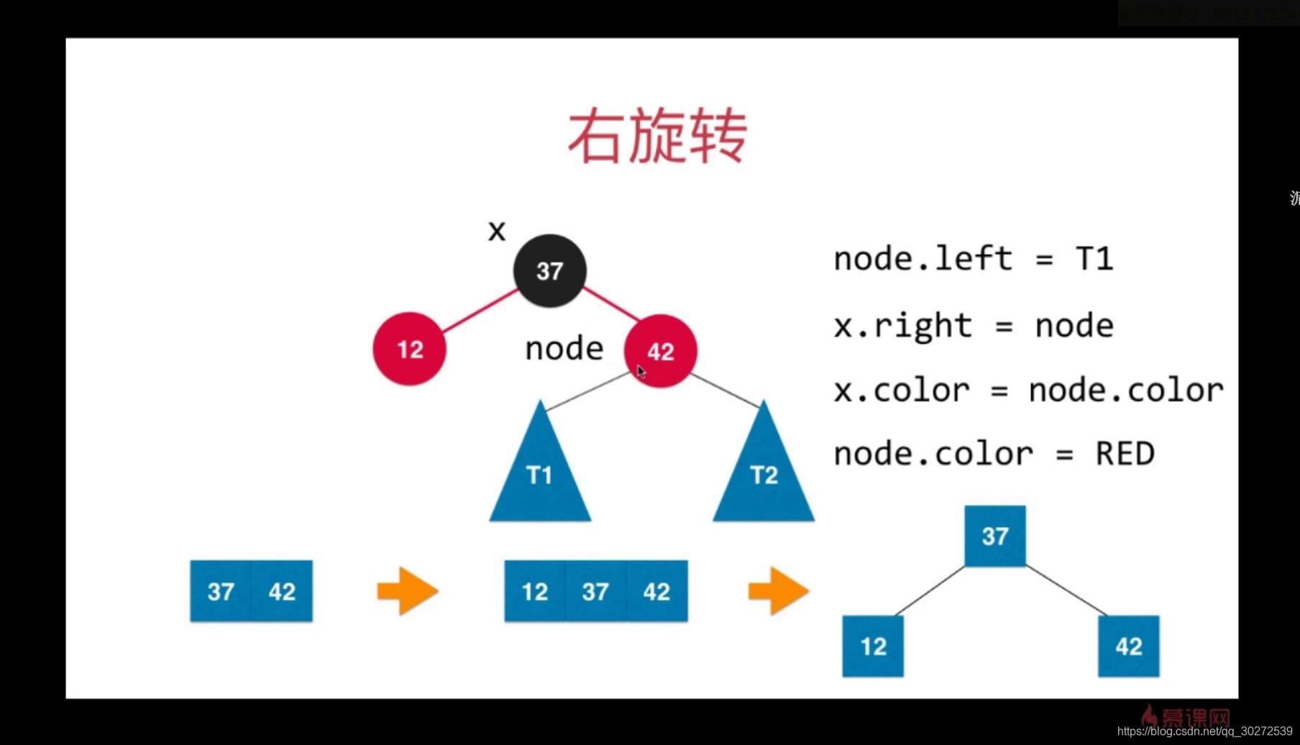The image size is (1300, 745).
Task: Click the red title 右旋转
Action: click(x=657, y=137)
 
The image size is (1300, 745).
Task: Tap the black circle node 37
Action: click(x=550, y=271)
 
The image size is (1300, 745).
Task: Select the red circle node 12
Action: click(x=409, y=349)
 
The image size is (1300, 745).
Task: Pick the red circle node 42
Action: click(x=661, y=351)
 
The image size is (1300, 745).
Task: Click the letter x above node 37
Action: click(x=497, y=232)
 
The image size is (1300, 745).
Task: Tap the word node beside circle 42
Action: click(x=564, y=349)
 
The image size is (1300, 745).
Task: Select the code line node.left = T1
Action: click(x=973, y=259)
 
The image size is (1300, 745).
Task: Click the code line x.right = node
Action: click(x=973, y=326)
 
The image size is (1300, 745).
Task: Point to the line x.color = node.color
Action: click(x=1028, y=390)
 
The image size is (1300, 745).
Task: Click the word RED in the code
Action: click(x=1125, y=454)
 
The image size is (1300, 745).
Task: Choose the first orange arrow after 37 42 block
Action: click(x=408, y=591)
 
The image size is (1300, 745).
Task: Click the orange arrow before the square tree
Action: click(x=779, y=591)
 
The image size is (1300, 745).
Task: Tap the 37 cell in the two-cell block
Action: click(x=221, y=591)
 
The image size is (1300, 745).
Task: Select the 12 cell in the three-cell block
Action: click(x=535, y=591)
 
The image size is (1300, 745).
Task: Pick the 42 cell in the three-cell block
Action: click(x=656, y=591)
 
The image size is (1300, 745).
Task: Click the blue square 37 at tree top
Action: click(x=995, y=536)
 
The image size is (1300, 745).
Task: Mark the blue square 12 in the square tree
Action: click(x=873, y=646)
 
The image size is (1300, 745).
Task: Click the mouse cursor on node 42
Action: click(x=641, y=371)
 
